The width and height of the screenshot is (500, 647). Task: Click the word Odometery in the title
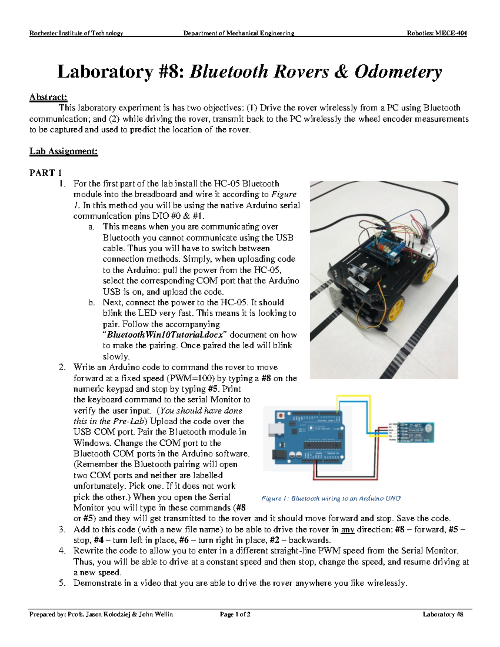(398, 72)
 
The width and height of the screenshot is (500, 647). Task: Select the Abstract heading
(48, 97)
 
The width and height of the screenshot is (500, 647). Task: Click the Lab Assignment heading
(63, 151)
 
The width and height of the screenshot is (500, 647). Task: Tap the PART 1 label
(45, 173)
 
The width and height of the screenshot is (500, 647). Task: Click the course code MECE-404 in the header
(451, 33)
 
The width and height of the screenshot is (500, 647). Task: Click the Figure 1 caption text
(331, 498)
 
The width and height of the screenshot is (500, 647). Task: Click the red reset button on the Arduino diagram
(281, 415)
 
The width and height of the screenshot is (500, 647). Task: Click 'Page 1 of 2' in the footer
(235, 614)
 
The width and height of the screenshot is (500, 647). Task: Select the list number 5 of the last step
(62, 583)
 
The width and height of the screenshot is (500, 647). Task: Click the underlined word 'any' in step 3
(347, 530)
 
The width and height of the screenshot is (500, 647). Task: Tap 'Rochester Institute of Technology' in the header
(76, 33)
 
